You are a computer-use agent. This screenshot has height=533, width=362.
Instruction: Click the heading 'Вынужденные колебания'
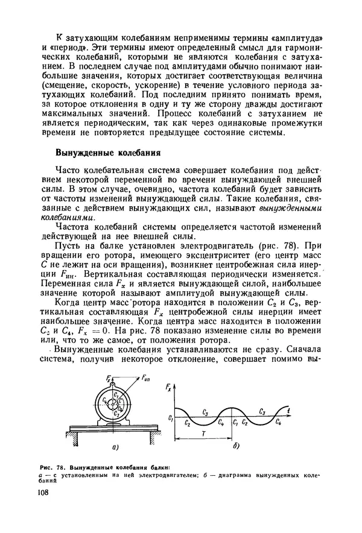107,152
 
